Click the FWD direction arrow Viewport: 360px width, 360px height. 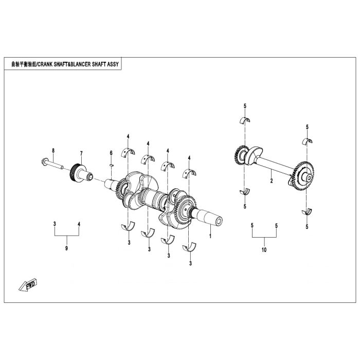coord(28,285)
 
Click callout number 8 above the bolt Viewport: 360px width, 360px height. coord(53,151)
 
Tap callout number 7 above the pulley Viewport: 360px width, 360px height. coord(81,153)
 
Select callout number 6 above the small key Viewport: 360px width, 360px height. coord(111,153)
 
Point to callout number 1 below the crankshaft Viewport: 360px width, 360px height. coord(210,236)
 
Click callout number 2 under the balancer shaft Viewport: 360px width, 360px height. coord(272,181)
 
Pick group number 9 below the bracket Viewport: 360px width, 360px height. coord(66,248)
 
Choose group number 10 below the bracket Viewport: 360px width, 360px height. coord(264,249)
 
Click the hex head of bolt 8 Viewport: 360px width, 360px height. coord(44,161)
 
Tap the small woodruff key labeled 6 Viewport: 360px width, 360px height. coord(112,165)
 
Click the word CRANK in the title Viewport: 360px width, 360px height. coord(45,64)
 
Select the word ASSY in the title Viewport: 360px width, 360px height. coord(114,64)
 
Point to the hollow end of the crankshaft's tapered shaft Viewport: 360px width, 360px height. coord(219,222)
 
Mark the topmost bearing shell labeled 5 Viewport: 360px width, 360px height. coord(245,120)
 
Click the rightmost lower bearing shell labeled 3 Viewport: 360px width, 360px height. coord(189,247)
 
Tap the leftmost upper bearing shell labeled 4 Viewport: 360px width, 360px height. coord(128,153)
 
